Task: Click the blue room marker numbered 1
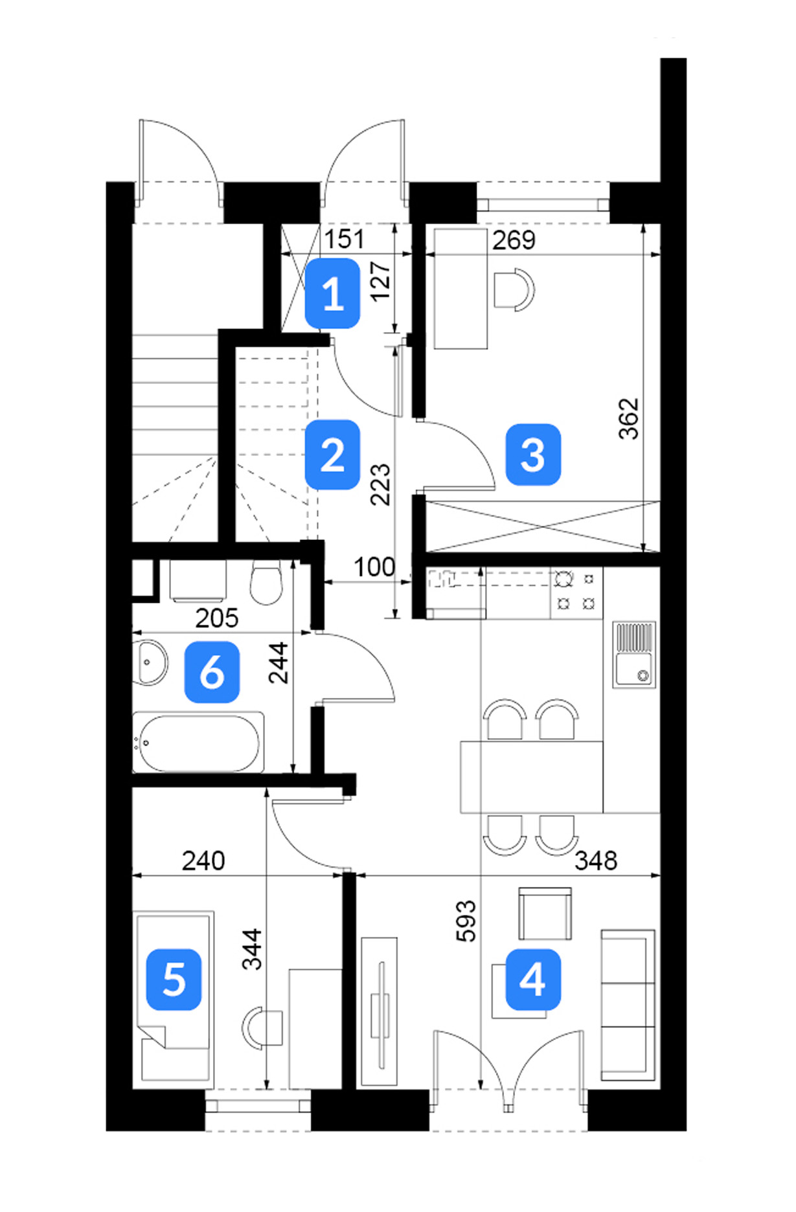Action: tap(332, 293)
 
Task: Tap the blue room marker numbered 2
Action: tap(332, 454)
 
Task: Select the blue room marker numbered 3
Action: tap(533, 454)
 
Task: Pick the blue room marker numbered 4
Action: tap(533, 980)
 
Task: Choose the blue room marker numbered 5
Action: tap(174, 980)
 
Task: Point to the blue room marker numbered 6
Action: tap(212, 672)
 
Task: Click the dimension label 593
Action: tap(466, 921)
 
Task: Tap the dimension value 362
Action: tap(628, 419)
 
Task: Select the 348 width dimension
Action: tap(596, 861)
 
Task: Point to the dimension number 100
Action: tap(374, 568)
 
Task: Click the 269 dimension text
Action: tap(514, 240)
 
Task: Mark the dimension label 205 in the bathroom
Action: tap(217, 618)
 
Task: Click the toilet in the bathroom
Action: tap(266, 582)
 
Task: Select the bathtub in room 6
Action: tap(198, 742)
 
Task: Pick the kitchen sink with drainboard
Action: tap(634, 655)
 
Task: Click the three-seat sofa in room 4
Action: tap(628, 1005)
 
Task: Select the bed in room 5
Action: tap(174, 999)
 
